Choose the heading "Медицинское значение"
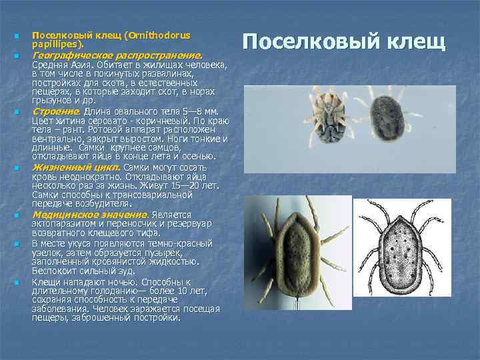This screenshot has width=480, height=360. pyautogui.click(x=89, y=215)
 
